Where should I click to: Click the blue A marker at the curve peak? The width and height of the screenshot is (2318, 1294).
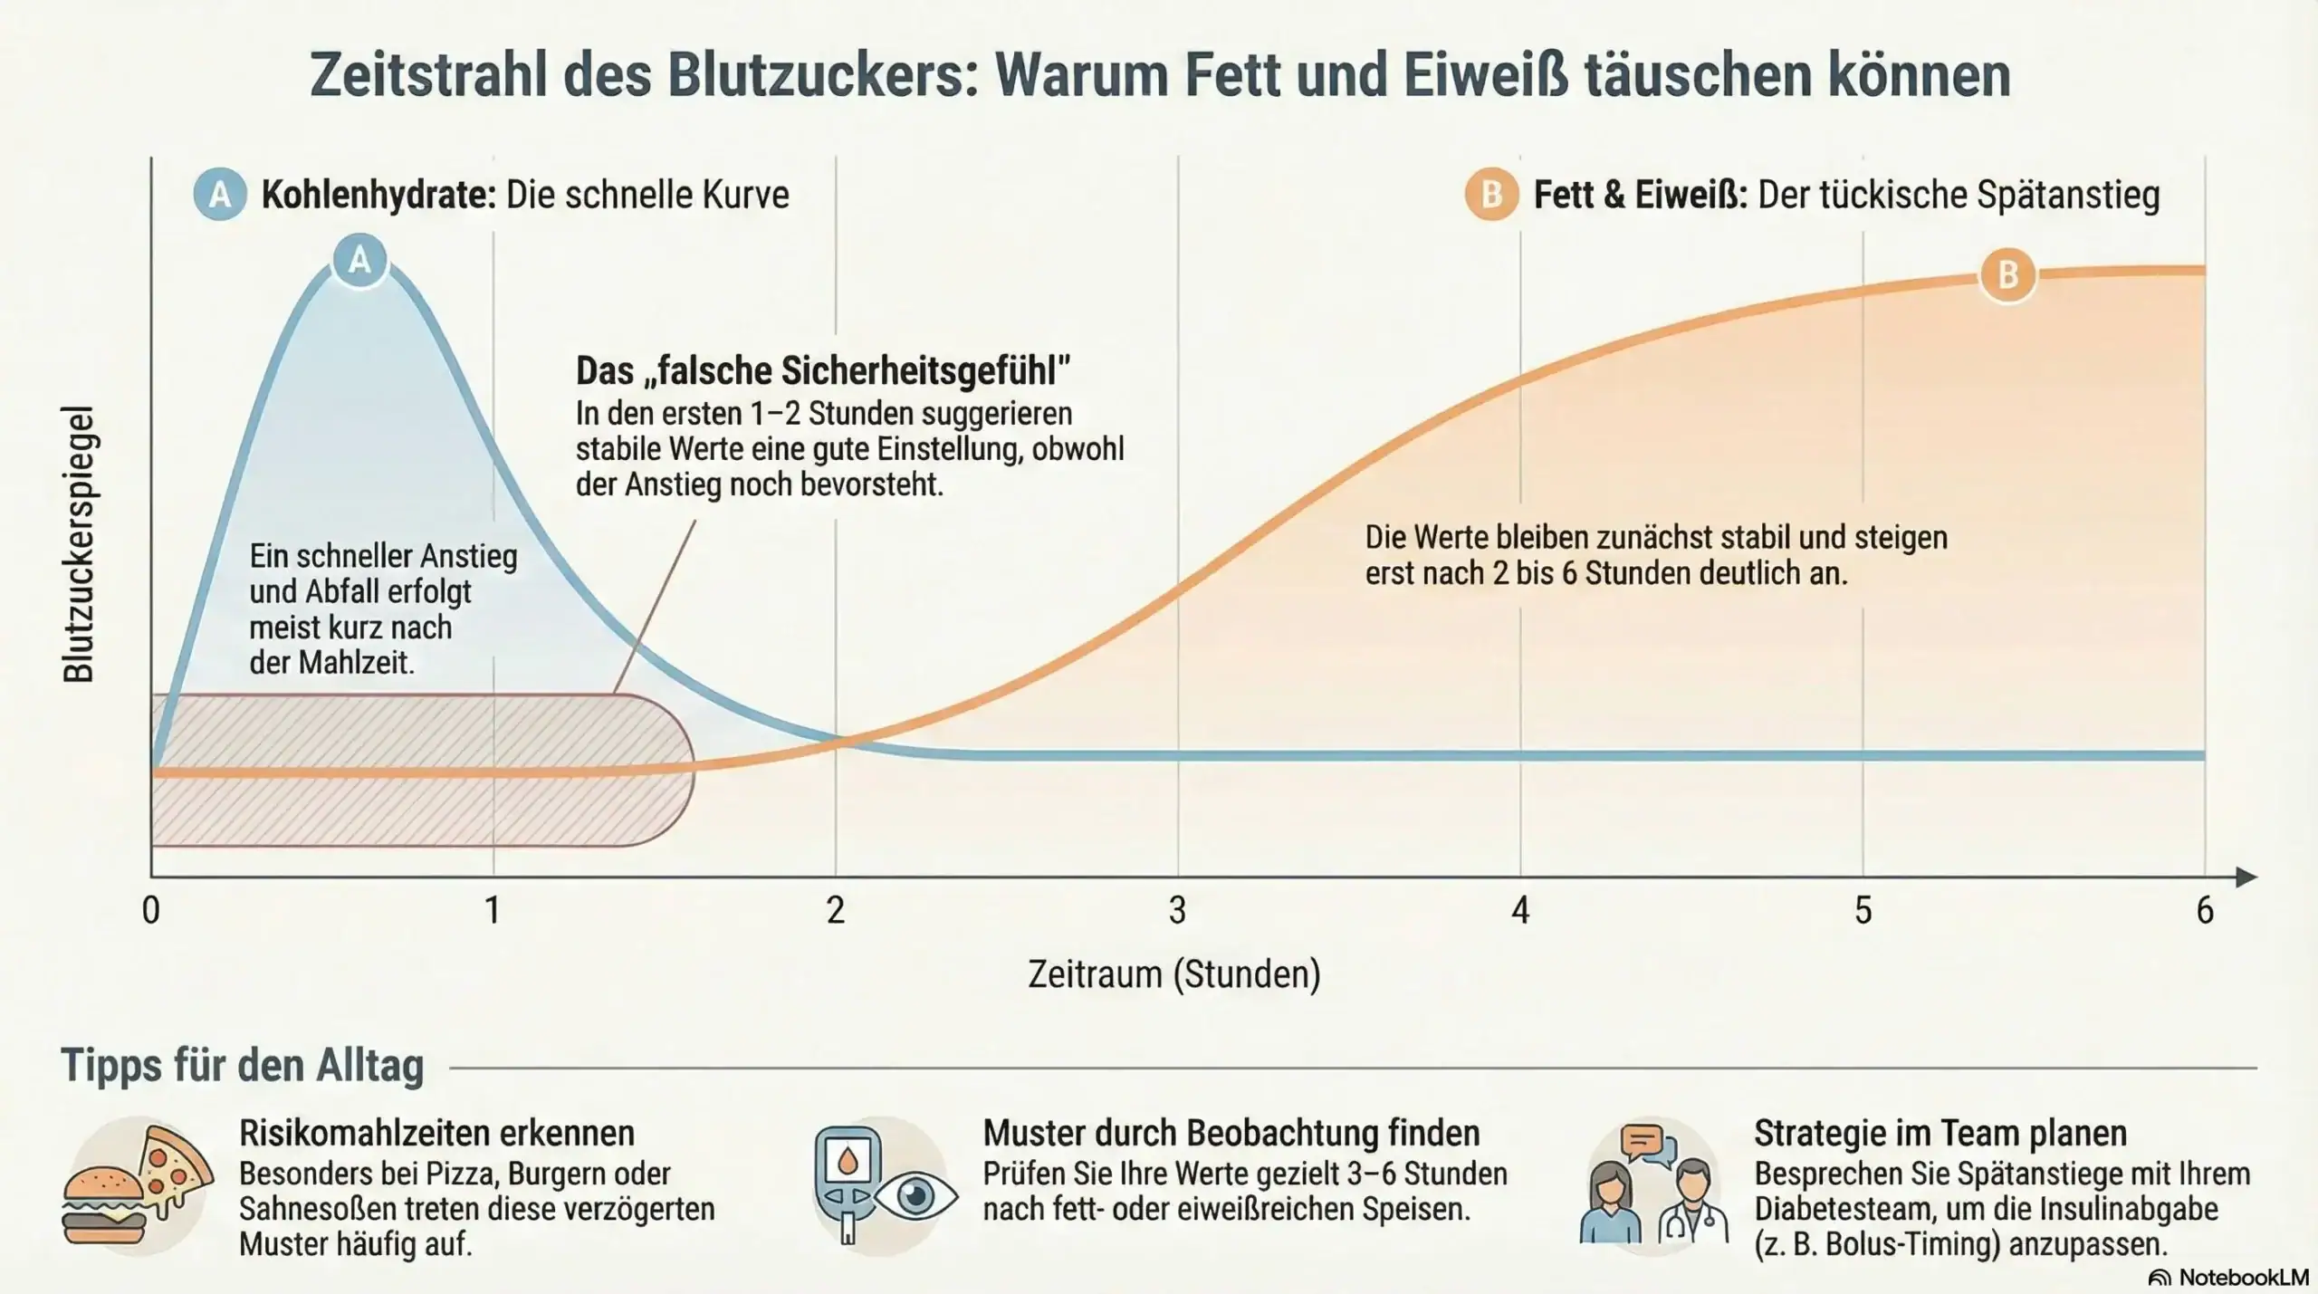click(359, 261)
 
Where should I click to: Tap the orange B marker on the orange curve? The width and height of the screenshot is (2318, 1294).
click(2007, 274)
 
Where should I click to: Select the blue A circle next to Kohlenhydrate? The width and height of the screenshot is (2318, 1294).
click(219, 195)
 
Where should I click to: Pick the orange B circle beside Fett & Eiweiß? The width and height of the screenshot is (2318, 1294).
click(1491, 195)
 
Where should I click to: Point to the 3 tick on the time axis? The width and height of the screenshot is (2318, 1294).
click(1177, 910)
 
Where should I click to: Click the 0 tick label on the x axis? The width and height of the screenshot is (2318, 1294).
click(151, 910)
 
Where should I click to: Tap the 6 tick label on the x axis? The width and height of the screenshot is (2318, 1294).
click(2205, 910)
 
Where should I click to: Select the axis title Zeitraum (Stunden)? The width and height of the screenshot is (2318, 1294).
click(1174, 974)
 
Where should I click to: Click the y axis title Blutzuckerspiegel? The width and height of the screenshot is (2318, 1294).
click(79, 543)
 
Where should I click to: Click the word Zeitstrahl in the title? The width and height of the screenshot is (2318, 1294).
click(429, 76)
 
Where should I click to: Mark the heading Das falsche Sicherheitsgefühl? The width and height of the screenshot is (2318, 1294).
click(823, 370)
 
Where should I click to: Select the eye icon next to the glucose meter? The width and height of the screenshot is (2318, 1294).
click(915, 1196)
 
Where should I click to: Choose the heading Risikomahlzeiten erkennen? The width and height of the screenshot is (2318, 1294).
click(436, 1133)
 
